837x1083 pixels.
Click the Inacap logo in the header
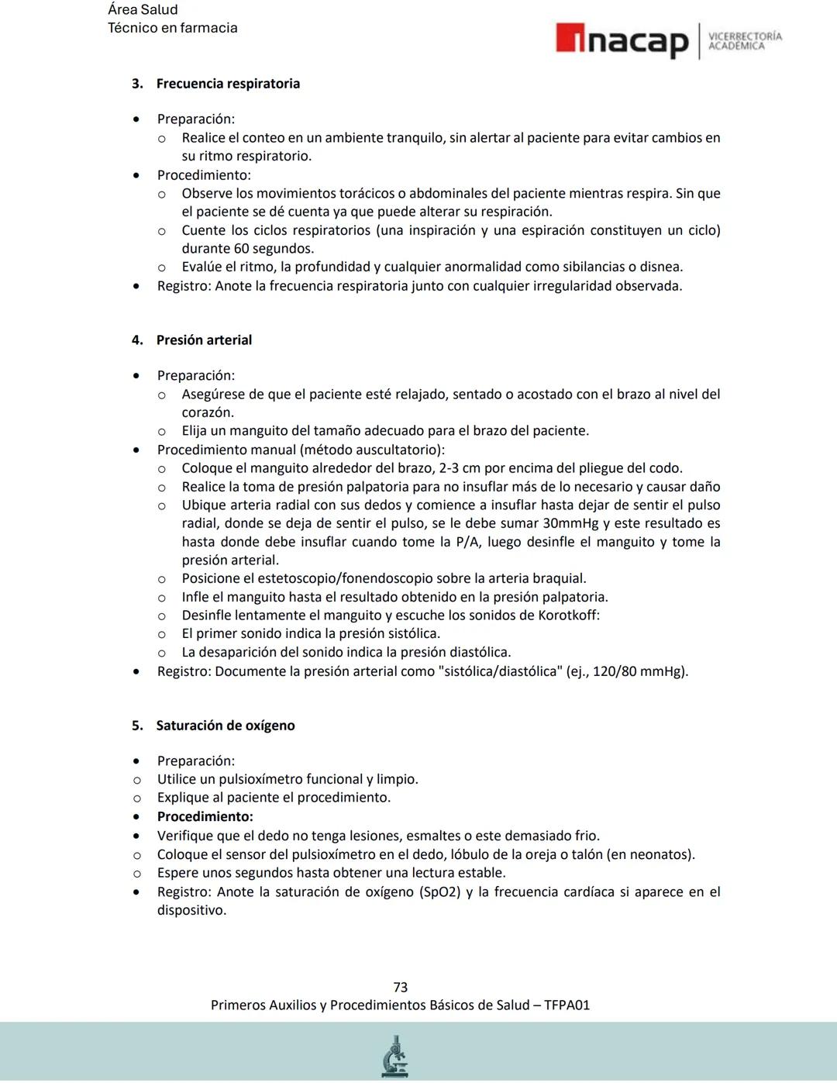coord(622,40)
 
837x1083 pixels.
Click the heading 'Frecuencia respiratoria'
coord(228,84)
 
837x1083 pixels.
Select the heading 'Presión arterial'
coord(204,340)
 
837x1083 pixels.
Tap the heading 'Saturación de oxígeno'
coord(226,726)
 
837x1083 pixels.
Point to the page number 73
coord(401,987)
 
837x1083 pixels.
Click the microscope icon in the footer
coord(395,1056)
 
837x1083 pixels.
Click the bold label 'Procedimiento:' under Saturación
coord(205,816)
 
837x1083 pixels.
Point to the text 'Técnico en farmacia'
coord(173,28)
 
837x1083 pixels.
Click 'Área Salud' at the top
coord(143,9)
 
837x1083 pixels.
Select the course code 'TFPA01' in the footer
coord(567,1005)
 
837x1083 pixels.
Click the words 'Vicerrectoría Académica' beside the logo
coord(745,41)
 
